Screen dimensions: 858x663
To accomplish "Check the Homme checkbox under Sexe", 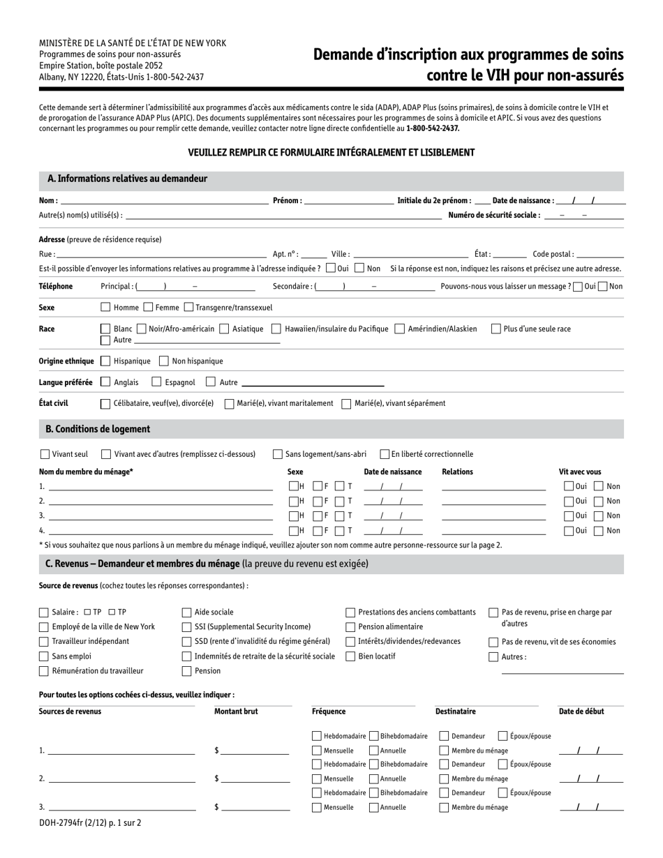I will coord(105,307).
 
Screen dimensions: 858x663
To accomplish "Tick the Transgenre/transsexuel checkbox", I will coord(188,307).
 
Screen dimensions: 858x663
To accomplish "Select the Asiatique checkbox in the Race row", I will coord(224,329).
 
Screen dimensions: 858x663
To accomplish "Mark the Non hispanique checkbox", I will coord(164,361).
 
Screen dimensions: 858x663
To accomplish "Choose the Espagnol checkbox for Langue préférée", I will coord(157,382).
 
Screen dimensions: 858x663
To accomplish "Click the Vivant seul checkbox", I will coord(45,454).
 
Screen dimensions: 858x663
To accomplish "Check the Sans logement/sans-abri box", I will coord(278,454).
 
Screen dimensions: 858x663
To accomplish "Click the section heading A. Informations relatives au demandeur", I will coord(127,179).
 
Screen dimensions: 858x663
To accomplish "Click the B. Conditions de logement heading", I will coord(98,428).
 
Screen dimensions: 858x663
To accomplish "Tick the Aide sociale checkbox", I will coord(186,612).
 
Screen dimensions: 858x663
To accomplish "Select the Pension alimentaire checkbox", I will coord(350,627).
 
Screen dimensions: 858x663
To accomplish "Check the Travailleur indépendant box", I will coord(44,642).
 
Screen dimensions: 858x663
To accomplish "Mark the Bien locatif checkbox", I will coord(350,656).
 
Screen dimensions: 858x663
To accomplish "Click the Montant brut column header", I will coord(236,712).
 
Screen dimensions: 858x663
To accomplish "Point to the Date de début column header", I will coord(581,712).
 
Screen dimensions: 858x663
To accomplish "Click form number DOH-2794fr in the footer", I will coord(63,823).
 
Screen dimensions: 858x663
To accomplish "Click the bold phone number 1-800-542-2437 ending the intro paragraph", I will coord(433,128).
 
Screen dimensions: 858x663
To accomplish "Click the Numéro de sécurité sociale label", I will coord(494,216).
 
